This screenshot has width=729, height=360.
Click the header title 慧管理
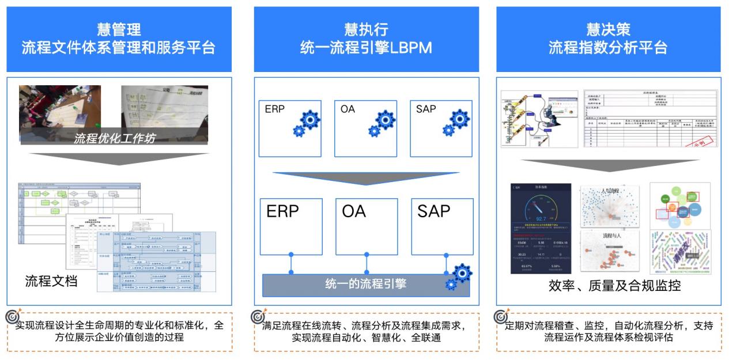click(119, 29)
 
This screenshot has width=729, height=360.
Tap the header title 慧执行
click(366, 29)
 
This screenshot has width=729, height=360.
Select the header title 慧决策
click(608, 29)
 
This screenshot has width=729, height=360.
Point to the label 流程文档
click(51, 282)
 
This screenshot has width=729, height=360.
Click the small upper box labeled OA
click(366, 128)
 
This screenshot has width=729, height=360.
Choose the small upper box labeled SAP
click(441, 128)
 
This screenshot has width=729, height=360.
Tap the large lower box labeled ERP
click(290, 226)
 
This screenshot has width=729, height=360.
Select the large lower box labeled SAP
click(442, 226)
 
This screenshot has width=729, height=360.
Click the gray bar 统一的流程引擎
click(365, 284)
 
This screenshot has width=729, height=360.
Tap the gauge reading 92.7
click(541, 219)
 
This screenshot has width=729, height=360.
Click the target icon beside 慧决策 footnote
click(500, 317)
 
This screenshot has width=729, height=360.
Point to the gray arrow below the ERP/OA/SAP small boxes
click(365, 179)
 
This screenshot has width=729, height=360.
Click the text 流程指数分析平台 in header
click(608, 48)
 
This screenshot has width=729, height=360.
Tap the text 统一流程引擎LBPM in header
click(366, 48)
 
